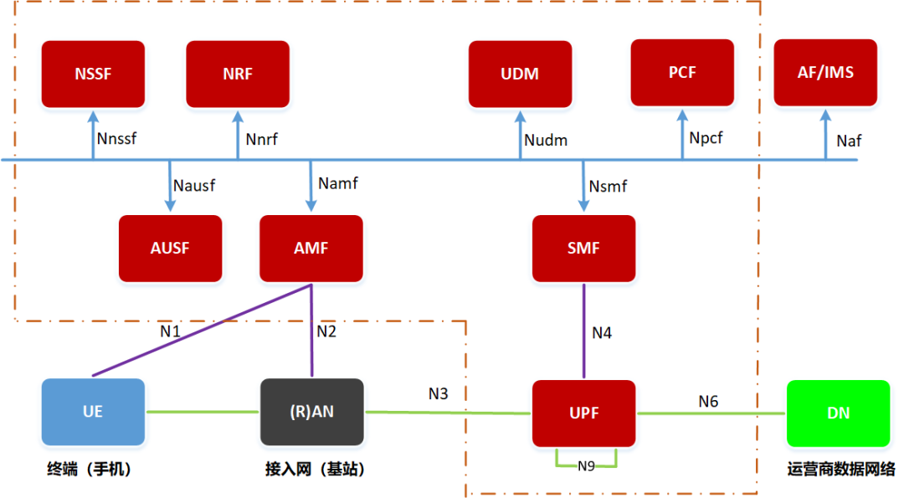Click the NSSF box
93,74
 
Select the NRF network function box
238,74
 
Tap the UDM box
520,74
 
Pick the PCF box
682,73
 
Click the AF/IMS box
825,73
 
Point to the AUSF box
171,248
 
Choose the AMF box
311,248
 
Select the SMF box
583,248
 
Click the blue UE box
93,412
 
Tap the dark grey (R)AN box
311,412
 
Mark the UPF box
583,413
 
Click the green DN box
838,413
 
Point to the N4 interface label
602,333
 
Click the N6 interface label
708,402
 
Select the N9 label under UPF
586,466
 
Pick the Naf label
849,141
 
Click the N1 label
171,331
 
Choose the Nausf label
193,186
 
